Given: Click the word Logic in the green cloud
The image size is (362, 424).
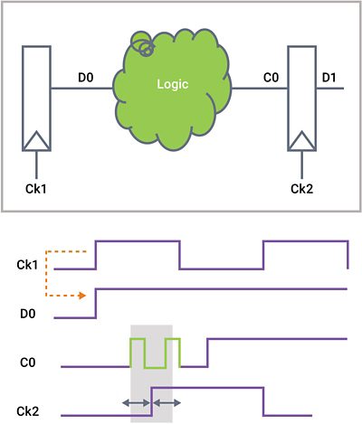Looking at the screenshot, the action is pos(173,85).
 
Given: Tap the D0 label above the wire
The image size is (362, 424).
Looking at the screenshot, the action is pos(86,78).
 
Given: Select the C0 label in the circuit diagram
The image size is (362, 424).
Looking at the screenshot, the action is pos(271,78).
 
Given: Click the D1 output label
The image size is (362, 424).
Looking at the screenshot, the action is pos(329,78).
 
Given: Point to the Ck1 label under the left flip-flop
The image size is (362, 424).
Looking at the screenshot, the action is pos(36,189).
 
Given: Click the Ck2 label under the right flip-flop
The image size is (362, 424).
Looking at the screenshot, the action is pos(301,189).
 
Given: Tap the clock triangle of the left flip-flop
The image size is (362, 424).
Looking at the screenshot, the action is pos(36,141).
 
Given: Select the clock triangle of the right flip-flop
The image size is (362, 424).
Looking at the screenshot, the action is pos(301,141).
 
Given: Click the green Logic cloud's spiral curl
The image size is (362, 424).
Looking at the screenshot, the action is pos(142,43).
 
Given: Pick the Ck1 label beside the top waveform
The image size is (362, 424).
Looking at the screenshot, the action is pos(27,265).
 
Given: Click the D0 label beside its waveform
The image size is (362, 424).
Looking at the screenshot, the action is pos(28,314).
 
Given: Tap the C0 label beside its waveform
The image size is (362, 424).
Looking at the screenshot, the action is pos(28,363).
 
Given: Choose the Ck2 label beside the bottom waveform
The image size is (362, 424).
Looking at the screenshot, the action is pos(28,411).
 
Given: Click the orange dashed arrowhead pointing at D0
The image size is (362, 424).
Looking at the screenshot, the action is pos(81,296).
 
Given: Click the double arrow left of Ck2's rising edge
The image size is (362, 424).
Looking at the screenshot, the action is pos(136,402).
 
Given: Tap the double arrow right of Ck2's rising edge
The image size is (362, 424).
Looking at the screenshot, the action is pos(167,402).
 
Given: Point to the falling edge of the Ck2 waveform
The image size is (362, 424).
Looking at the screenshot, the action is pos(263,401).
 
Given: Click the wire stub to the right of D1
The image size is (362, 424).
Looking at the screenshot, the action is pos(329,89).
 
